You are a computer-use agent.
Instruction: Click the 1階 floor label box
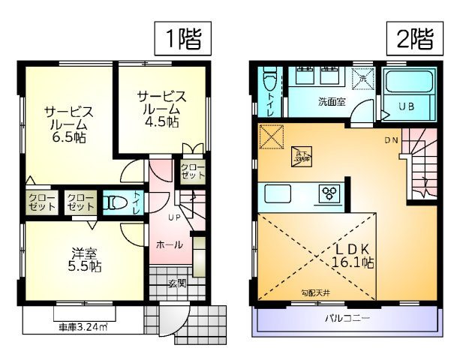coord(180,37)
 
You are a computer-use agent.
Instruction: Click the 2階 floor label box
coord(413,37)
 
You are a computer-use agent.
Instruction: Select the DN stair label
coord(392,140)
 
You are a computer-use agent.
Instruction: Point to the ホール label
coord(169,244)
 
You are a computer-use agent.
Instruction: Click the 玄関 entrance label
coord(176,283)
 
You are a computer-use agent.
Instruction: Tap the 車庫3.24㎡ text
coord(83,327)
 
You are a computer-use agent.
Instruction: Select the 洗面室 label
coord(331,101)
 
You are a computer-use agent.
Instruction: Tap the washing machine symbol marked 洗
coord(362,76)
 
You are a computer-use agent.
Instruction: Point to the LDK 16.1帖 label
coord(354,255)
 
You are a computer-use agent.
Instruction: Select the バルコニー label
coord(347,319)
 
